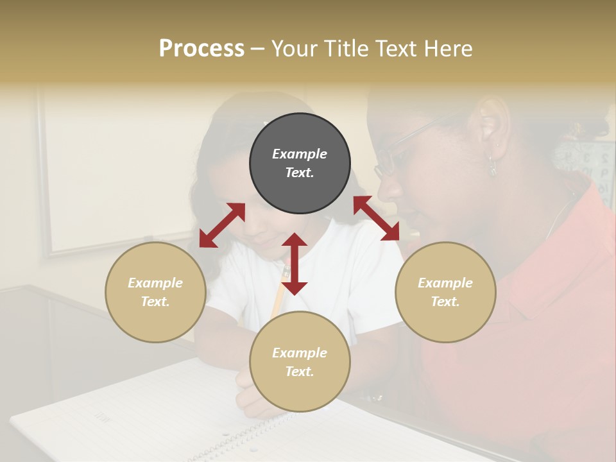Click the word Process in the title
point(201,49)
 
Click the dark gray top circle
point(300,163)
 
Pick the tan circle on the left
point(155,292)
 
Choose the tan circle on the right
point(445,292)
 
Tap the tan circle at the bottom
point(300,362)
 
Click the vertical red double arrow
point(295,264)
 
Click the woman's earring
point(492,166)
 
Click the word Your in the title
point(293,49)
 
